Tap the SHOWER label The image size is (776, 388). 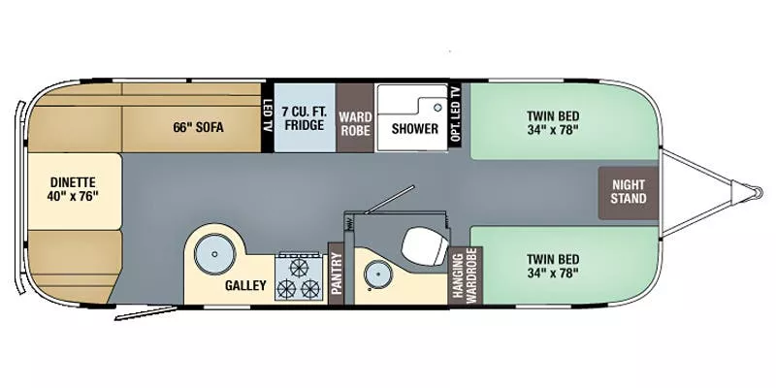click(414, 128)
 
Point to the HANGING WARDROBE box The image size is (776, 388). click(464, 274)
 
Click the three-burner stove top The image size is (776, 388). click(299, 277)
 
